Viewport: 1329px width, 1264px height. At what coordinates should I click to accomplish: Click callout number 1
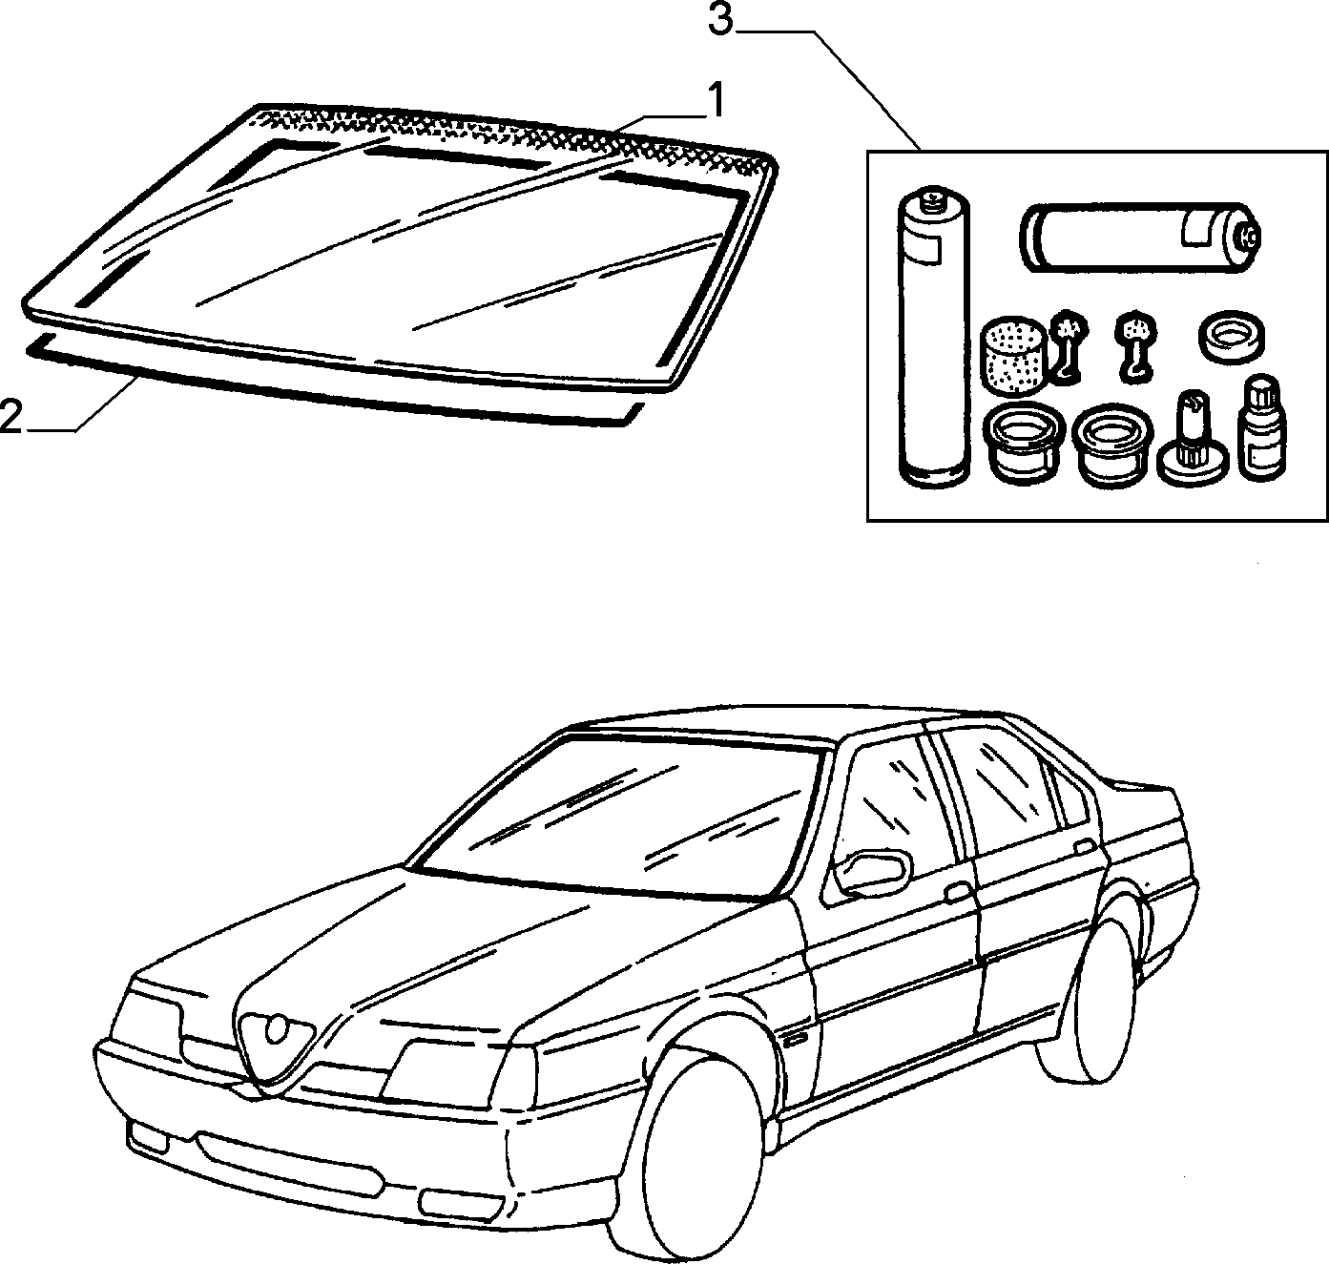point(716,101)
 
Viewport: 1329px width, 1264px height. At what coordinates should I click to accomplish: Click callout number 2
point(11,416)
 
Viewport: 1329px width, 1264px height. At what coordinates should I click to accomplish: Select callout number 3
point(720,19)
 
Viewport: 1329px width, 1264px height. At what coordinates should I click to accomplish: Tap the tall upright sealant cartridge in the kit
point(935,338)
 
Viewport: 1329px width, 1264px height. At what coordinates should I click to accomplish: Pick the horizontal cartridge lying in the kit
point(1140,238)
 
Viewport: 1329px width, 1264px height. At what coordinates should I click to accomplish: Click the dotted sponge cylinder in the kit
point(1013,356)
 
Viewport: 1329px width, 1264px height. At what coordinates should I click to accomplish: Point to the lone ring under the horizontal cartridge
point(1231,340)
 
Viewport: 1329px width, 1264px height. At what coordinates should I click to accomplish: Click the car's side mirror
point(871,873)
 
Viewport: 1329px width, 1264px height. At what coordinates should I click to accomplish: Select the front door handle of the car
point(957,893)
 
